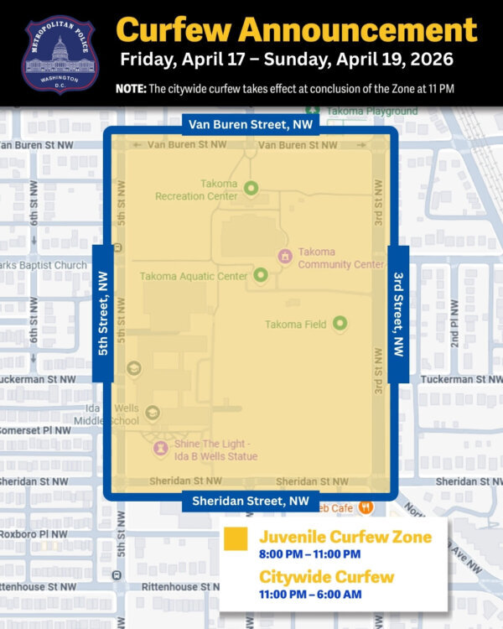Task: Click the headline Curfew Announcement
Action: coord(297,30)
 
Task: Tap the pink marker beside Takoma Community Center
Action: coord(284,255)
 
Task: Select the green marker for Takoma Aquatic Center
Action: coord(260,274)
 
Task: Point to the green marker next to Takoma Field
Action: coord(340,323)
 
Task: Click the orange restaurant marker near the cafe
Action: coord(366,507)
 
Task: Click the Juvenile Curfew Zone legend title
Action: coord(345,537)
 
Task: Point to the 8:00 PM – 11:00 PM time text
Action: coord(309,554)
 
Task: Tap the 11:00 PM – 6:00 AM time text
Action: coord(309,595)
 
